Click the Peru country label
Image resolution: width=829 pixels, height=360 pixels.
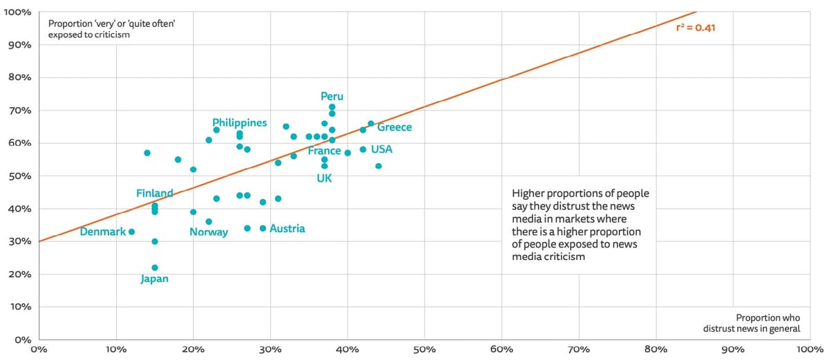tap(332, 96)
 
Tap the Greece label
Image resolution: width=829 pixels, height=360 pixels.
tap(394, 127)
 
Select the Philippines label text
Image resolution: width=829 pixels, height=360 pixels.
tap(239, 122)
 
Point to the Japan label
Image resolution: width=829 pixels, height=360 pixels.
tap(155, 279)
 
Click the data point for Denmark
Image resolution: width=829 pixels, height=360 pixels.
tap(131, 232)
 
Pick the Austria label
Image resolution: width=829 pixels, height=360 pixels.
tap(287, 229)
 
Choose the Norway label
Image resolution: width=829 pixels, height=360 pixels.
tap(209, 232)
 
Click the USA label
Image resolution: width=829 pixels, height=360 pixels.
tap(382, 149)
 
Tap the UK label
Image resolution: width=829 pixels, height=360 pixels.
tap(325, 178)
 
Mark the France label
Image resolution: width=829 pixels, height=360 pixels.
tap(325, 151)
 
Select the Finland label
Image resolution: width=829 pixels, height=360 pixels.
tap(155, 193)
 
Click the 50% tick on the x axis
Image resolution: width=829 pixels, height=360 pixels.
tap(423, 350)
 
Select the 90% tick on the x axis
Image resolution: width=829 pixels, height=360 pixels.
tap(732, 350)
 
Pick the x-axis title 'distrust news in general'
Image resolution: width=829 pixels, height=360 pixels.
tap(752, 329)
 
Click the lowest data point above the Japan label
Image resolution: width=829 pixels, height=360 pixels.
tap(155, 267)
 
